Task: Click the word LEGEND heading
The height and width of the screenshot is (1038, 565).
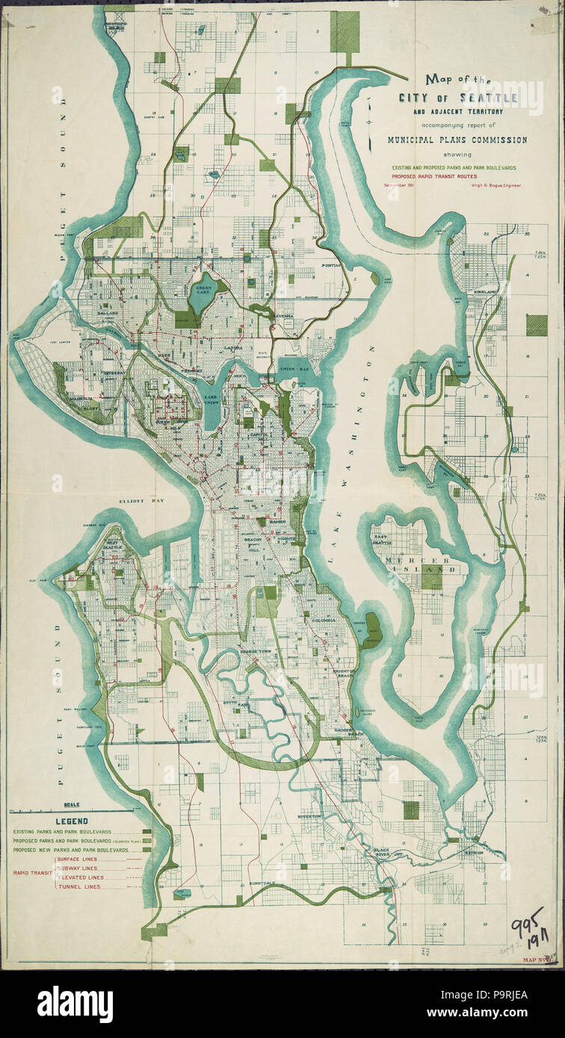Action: pos(71,821)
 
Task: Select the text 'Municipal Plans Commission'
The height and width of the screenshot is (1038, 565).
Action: pos(457,140)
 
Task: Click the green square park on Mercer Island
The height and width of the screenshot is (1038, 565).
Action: pos(432,576)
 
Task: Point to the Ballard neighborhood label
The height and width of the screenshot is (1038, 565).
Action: pos(111,333)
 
